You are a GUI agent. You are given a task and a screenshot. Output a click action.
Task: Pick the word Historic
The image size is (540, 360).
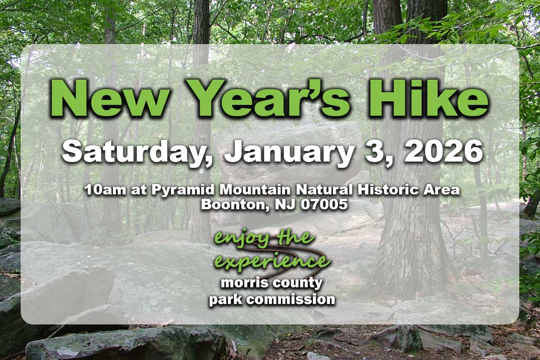[x=390, y=190]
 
